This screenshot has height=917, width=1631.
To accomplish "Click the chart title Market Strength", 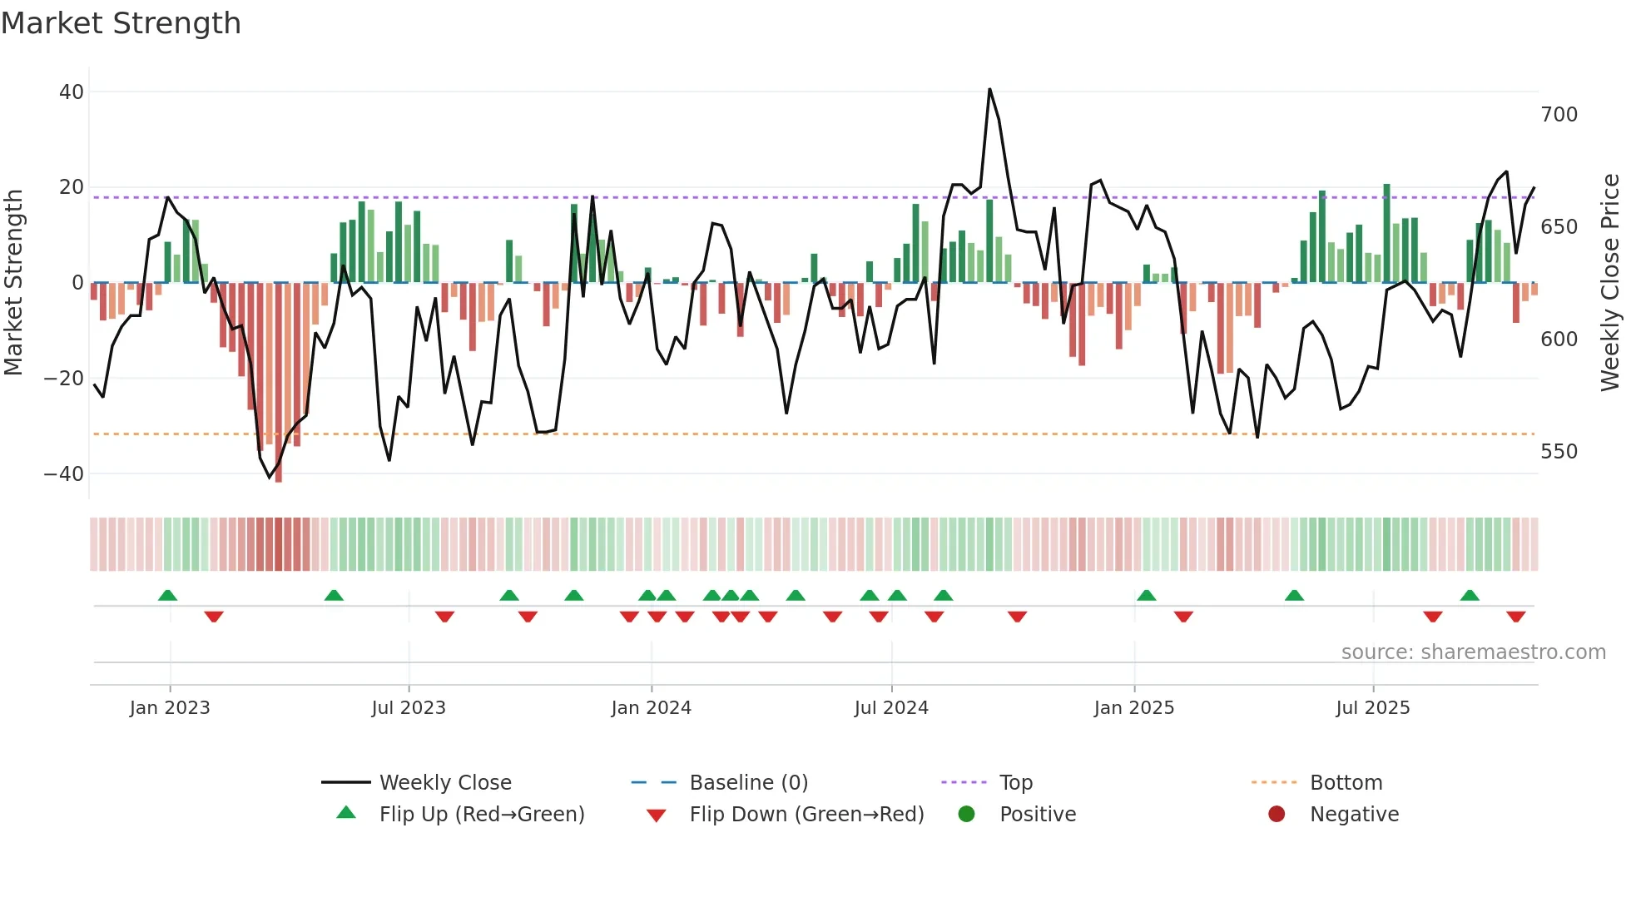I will pos(121,23).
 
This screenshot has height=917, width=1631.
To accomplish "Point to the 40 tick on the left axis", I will pos(72,92).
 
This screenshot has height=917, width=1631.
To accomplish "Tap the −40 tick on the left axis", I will pos(64,474).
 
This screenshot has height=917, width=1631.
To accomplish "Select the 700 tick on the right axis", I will pos(1559,115).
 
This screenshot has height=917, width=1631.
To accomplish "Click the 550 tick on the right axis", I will pos(1559,452).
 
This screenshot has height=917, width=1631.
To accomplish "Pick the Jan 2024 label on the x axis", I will pos(651,708).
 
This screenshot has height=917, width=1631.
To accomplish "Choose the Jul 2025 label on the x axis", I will pos(1373,708).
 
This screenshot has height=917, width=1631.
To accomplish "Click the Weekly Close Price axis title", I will pos(1610,283).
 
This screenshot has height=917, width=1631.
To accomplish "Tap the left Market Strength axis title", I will pos(13,283).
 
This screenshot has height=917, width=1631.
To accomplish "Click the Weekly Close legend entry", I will pos(444,783).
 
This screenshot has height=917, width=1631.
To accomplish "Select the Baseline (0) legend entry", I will pos(748,783).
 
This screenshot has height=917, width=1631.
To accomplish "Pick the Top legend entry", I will pos(1015,783).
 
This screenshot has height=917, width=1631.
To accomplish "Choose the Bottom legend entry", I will pos(1346,783).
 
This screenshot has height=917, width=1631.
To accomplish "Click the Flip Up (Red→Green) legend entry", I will pos(481,815).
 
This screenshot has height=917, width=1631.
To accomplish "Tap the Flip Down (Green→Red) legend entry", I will pos(806,815).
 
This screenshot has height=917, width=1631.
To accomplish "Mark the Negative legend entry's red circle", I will pos(1277,815).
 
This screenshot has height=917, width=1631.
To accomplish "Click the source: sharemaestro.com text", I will pos(1473,652).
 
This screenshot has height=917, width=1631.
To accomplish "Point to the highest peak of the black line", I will pos(989,90).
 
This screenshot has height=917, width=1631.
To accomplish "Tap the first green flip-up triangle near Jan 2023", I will pos(167,596).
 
